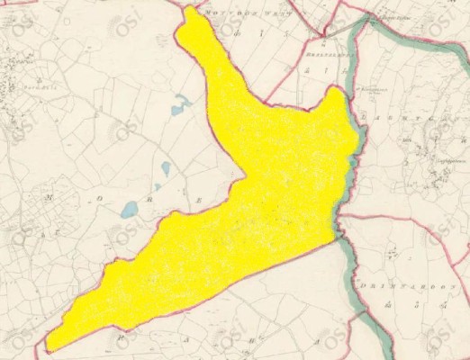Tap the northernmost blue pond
[x=178, y=106]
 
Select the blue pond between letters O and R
[x=129, y=210]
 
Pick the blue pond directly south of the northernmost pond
[x=166, y=167]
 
